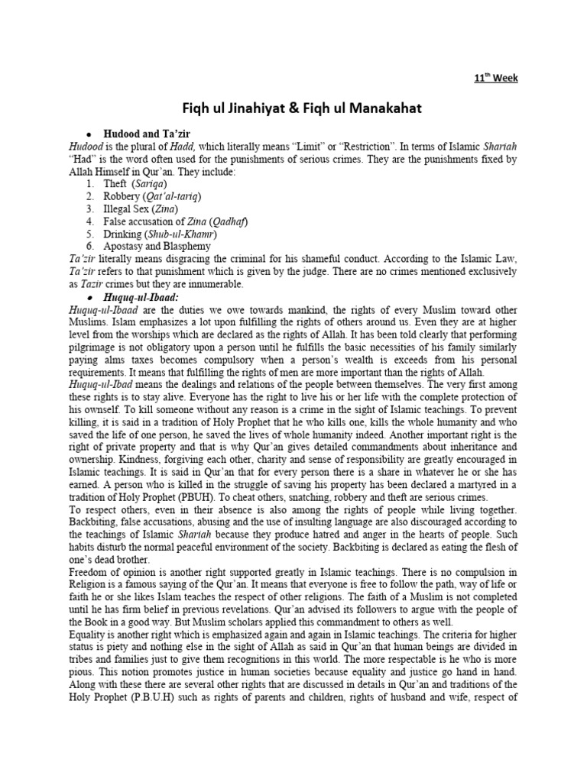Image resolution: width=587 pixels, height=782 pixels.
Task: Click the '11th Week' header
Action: pos(496,79)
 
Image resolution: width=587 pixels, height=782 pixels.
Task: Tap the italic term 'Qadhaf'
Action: pos(228,221)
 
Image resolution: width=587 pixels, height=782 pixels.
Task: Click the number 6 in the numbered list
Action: pos(89,246)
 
